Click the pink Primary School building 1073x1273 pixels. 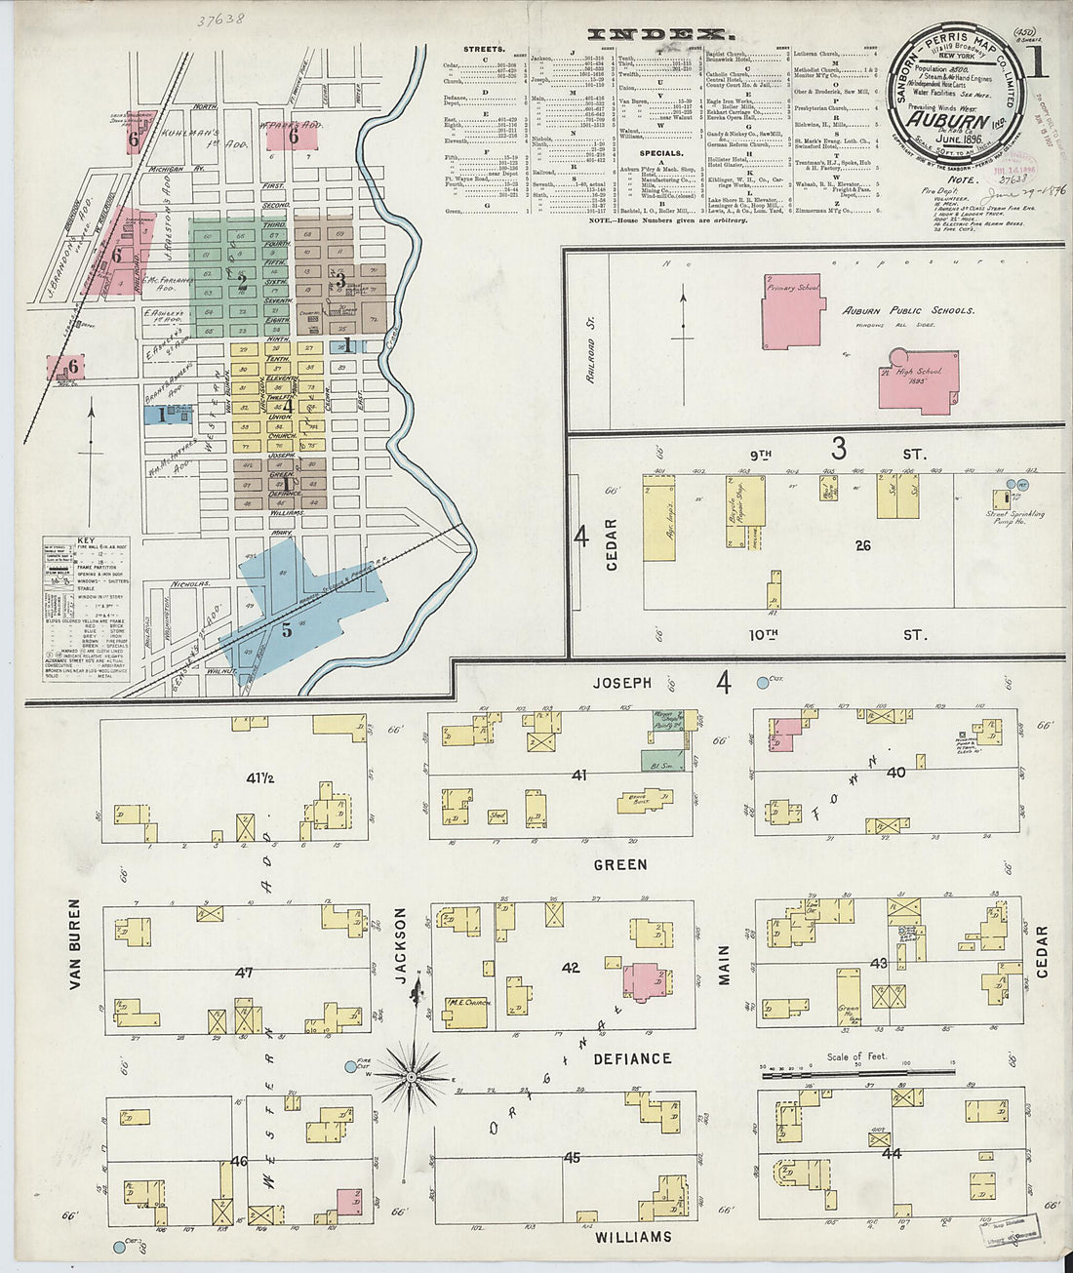click(x=792, y=310)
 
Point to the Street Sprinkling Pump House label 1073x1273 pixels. click(x=1014, y=518)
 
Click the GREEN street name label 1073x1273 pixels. click(x=619, y=864)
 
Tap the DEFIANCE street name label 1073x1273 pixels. click(x=632, y=1058)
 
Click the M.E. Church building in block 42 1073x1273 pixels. click(x=467, y=1012)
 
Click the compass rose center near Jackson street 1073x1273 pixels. click(x=412, y=1077)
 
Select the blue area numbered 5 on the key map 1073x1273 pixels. click(x=287, y=630)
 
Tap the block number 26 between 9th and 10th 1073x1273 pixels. click(x=862, y=545)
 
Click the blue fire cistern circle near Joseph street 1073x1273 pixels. click(x=763, y=683)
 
